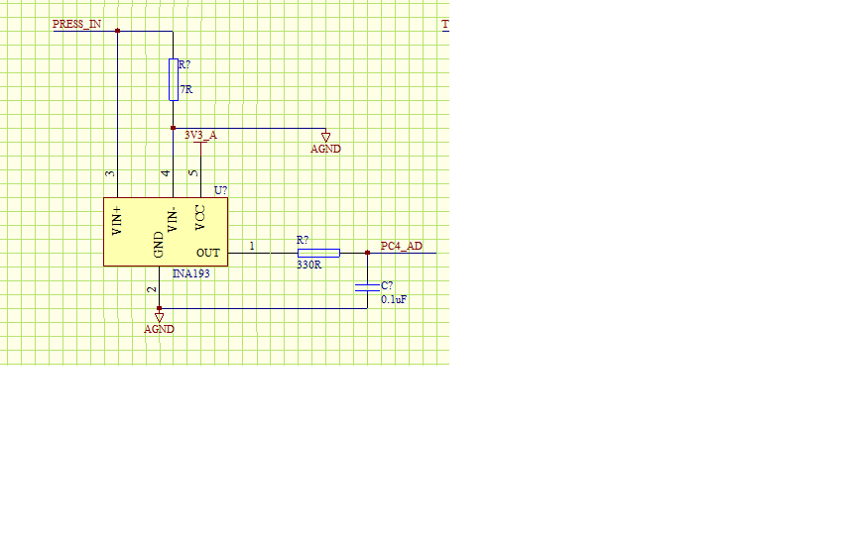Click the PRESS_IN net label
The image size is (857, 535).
tap(76, 23)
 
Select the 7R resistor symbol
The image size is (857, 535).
tap(173, 79)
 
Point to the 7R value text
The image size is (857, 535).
tap(185, 89)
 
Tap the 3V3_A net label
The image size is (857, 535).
tap(200, 135)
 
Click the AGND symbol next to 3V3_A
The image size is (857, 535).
tap(325, 137)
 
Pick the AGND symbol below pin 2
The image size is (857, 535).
tap(159, 318)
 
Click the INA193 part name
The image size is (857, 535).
tap(191, 272)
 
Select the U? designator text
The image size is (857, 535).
tap(221, 190)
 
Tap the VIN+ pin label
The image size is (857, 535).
tap(117, 221)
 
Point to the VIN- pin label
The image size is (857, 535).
tap(173, 219)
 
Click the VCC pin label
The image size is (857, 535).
tap(199, 217)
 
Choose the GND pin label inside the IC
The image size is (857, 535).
tap(159, 245)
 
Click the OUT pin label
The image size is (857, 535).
tap(207, 253)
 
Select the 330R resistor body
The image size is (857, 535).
tap(318, 253)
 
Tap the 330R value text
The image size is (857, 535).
tap(309, 265)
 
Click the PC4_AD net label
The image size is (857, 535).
tap(401, 246)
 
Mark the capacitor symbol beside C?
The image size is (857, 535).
tap(367, 287)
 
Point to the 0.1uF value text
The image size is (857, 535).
tap(394, 298)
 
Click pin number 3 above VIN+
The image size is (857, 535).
tap(111, 173)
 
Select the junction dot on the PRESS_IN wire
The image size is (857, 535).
tap(117, 31)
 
